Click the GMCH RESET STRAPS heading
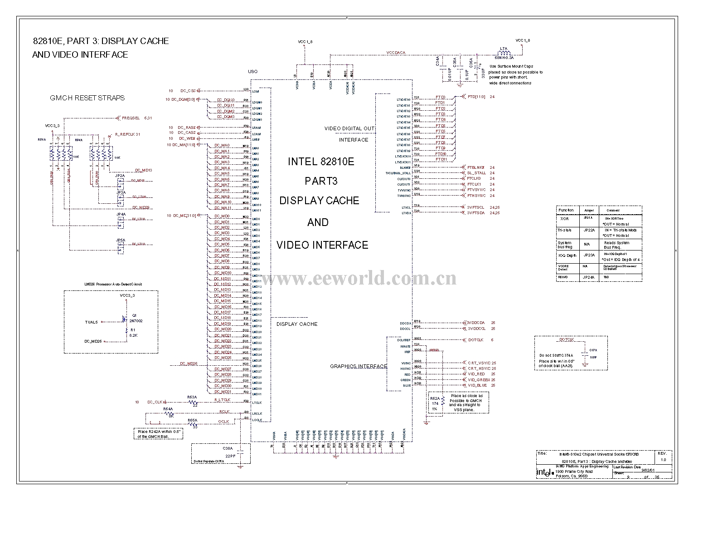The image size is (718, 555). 87,98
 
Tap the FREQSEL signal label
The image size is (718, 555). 131,118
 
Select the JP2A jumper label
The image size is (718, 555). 120,176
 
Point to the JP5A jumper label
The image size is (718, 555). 120,240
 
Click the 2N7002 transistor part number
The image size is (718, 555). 136,320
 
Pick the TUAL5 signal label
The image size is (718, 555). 91,322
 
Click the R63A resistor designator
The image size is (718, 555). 192,397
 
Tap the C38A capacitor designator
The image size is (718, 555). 228,448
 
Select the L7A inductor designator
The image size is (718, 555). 503,48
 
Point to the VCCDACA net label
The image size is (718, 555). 396,53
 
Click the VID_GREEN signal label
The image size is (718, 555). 479,380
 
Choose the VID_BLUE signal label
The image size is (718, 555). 477,385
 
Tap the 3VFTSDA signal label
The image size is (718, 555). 476,212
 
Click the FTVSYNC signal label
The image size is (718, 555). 476,190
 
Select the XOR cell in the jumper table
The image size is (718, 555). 564,219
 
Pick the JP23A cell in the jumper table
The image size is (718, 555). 589,255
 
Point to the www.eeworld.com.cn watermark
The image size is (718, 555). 358,278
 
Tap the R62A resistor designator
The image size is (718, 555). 435,398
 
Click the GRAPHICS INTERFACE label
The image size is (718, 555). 358,366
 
